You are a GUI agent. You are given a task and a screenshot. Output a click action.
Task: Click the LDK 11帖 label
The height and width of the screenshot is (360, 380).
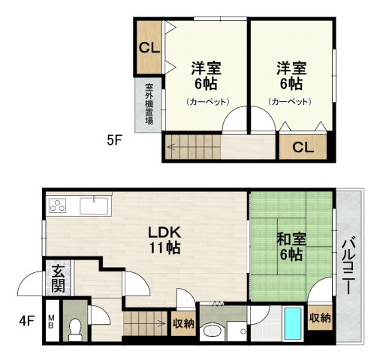(164, 240)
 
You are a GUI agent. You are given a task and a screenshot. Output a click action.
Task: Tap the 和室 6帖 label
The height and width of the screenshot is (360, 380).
(291, 247)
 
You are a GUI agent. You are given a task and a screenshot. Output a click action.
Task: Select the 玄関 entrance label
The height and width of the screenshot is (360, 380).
(58, 279)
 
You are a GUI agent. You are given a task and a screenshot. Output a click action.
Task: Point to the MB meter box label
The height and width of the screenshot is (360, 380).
(51, 322)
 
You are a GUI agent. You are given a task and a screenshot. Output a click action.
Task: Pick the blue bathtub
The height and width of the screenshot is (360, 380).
(293, 323)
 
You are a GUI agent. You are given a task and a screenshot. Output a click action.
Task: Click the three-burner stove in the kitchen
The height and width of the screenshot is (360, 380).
(57, 205)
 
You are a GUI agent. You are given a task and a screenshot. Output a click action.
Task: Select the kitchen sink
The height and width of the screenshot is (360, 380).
(94, 205)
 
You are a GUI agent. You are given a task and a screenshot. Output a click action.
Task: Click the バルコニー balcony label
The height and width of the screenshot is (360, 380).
(348, 266)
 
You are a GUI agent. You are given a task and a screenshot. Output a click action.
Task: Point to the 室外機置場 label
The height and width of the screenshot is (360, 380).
(149, 104)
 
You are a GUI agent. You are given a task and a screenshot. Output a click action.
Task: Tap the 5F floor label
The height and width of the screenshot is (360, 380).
(114, 140)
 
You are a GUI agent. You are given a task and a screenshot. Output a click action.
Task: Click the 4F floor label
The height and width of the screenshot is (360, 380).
(26, 321)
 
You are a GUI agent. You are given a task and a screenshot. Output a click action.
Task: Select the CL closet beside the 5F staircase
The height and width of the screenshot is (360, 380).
(303, 148)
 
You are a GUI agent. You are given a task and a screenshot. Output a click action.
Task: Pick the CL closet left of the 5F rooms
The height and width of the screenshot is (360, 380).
(149, 47)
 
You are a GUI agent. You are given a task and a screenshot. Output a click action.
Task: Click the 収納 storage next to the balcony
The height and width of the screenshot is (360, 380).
(320, 318)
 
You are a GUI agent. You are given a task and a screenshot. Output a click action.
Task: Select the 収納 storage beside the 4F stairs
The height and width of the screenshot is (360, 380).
(183, 323)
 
